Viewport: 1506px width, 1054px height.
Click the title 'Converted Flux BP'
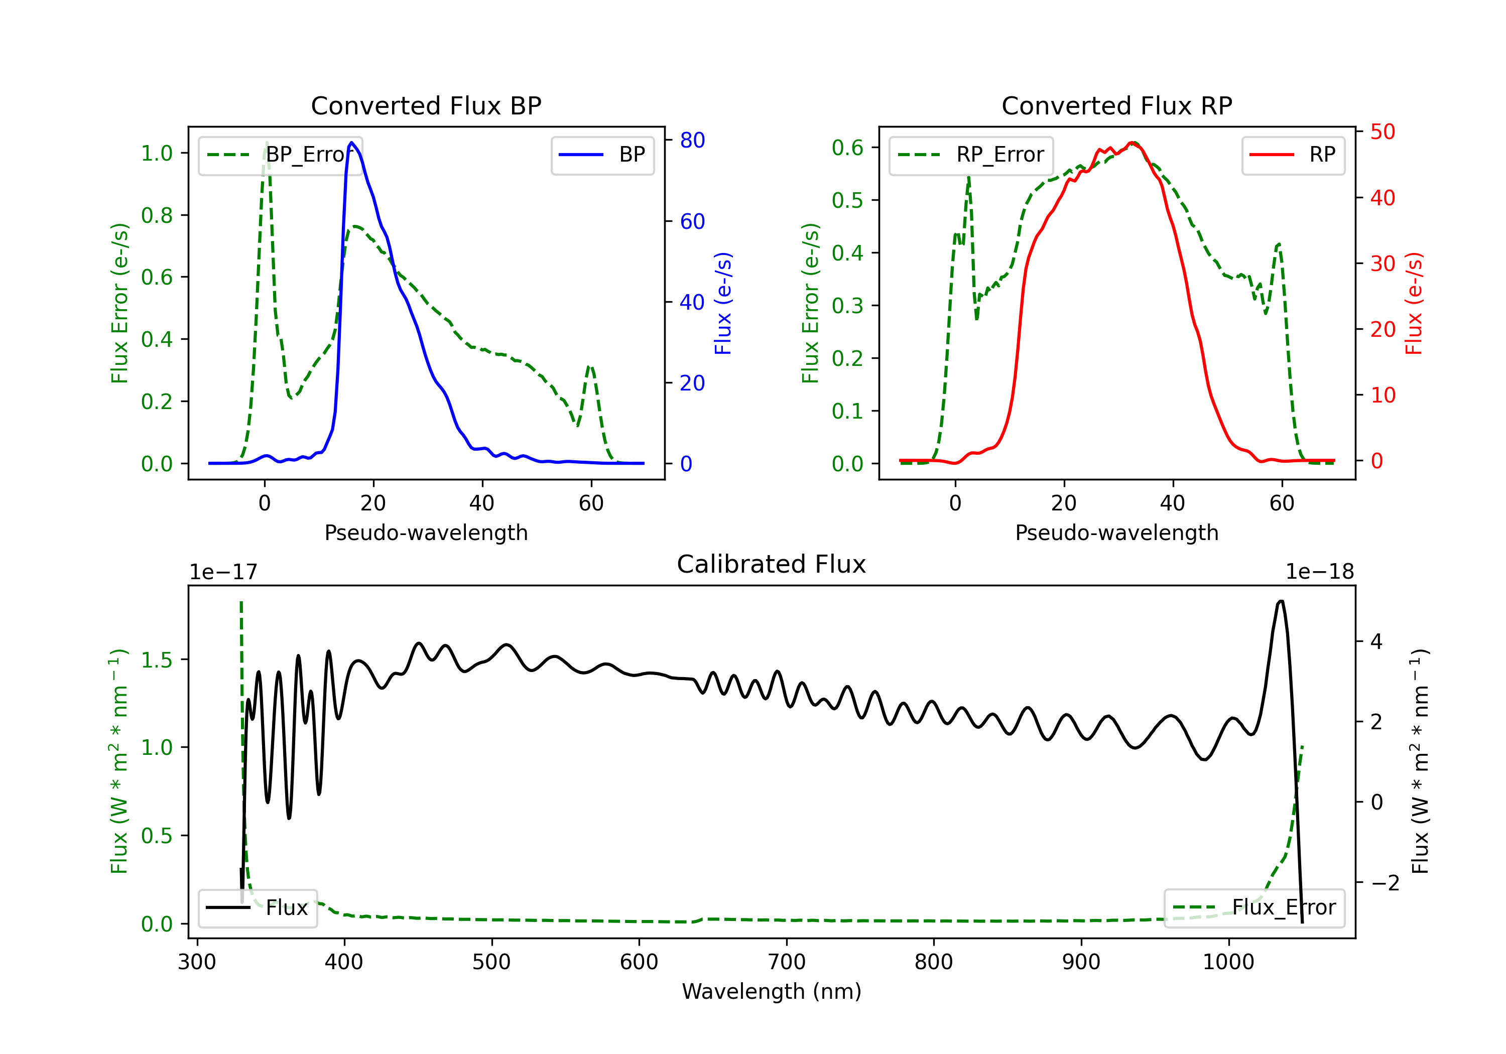tap(426, 105)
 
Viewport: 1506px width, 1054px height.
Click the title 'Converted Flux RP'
tap(1116, 105)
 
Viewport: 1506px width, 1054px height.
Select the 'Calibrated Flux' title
tap(772, 564)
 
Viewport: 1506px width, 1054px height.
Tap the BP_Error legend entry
tap(280, 155)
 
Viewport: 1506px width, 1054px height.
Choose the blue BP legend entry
tap(602, 155)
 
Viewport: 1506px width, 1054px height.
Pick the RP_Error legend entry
tap(971, 155)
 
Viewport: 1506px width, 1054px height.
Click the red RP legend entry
tap(1293, 155)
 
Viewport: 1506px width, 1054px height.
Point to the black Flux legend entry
tap(257, 908)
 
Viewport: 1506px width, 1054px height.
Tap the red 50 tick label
tap(1383, 132)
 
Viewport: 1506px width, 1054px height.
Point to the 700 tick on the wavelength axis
tap(787, 962)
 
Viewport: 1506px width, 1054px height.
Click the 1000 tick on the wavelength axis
tap(1228, 962)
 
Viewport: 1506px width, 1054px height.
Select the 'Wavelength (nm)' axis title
tap(772, 992)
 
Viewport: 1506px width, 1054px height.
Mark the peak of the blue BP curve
tap(351, 143)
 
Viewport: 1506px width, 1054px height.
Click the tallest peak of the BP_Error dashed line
tap(266, 143)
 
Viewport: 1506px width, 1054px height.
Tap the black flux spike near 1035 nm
tap(1281, 601)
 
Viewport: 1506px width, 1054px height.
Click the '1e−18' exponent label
tap(1320, 572)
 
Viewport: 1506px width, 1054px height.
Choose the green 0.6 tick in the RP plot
tap(847, 148)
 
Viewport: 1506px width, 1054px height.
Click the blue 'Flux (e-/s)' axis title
tap(723, 304)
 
